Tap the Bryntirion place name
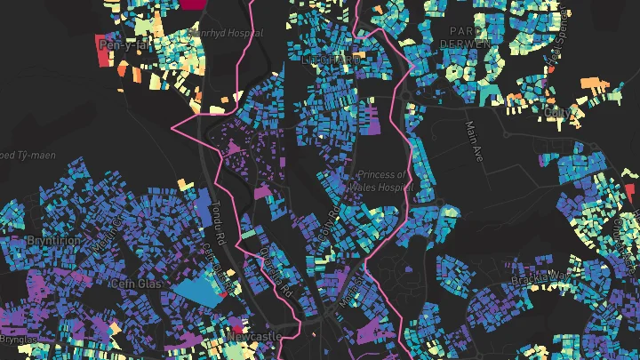(52, 241)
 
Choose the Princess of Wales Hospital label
(383, 180)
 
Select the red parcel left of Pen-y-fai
(100, 57)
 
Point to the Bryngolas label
(19, 340)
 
